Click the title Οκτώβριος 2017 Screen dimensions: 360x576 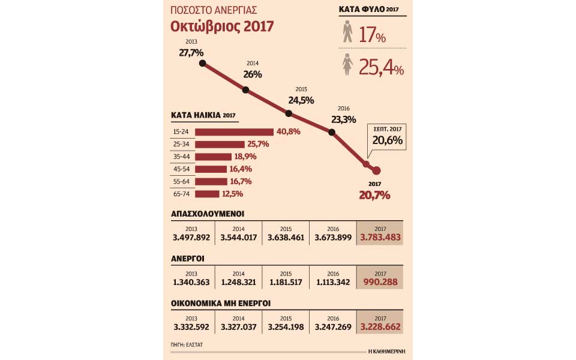(x=222, y=27)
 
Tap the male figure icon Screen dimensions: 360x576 (x=347, y=32)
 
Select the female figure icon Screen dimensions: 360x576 (x=347, y=65)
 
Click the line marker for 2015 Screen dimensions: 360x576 (x=289, y=113)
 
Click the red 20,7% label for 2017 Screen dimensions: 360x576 (x=374, y=195)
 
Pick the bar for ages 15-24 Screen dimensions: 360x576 (x=234, y=131)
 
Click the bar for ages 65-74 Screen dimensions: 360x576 (x=207, y=194)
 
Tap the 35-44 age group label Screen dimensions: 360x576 (x=181, y=157)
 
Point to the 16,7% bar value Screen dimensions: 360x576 (x=240, y=181)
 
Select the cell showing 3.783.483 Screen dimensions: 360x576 (x=380, y=234)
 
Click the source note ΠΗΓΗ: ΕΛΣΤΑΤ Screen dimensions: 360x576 (x=187, y=345)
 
